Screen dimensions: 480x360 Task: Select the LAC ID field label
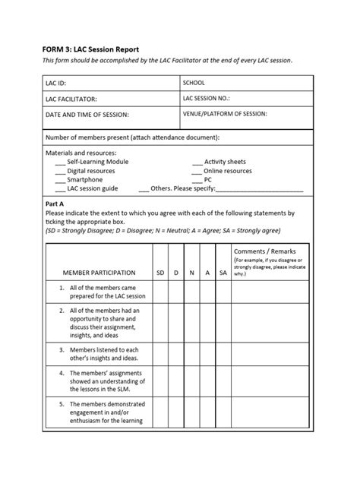click(59, 83)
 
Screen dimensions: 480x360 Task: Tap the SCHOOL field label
click(195, 82)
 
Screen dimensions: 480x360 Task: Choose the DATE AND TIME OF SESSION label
click(87, 115)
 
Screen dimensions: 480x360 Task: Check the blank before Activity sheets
click(197, 163)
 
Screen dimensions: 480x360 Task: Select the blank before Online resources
click(197, 172)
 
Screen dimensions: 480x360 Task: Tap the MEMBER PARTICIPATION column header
click(99, 272)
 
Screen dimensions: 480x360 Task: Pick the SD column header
click(159, 272)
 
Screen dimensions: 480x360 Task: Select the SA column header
click(223, 272)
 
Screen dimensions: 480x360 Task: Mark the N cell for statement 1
click(191, 292)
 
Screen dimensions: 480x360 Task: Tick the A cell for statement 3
click(207, 352)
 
